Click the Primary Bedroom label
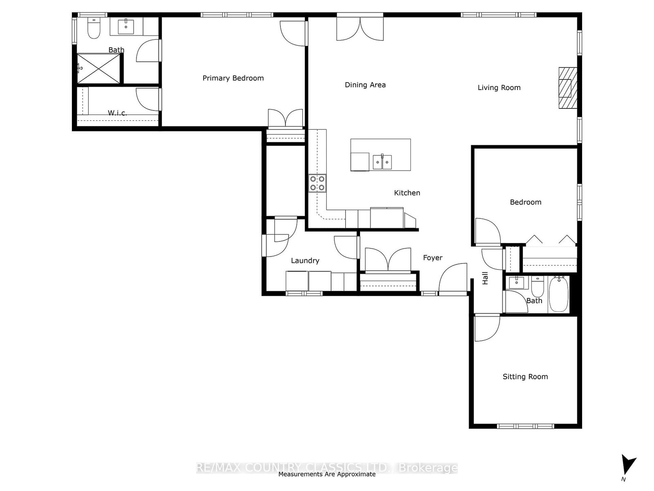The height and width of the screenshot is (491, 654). [x=233, y=79]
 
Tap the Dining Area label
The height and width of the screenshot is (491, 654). [x=365, y=85]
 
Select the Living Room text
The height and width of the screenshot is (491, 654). [x=499, y=88]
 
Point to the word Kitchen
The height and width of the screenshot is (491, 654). [x=407, y=193]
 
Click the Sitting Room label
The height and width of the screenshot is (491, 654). [x=525, y=377]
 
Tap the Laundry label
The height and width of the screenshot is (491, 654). [x=305, y=261]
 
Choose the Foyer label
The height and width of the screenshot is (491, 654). [x=432, y=258]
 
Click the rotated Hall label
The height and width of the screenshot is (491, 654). [x=485, y=278]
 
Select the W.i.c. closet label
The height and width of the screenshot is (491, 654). [x=117, y=113]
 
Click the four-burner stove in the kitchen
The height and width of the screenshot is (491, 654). [x=317, y=183]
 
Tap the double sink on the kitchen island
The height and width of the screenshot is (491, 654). [x=382, y=162]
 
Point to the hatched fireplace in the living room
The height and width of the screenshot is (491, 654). [x=568, y=88]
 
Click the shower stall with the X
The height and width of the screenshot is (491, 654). [x=99, y=69]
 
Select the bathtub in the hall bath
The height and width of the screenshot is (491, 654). [x=559, y=294]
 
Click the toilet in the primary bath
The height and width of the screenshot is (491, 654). [x=94, y=28]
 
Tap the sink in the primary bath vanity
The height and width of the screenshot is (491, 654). [x=126, y=26]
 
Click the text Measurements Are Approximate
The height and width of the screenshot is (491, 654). [x=327, y=474]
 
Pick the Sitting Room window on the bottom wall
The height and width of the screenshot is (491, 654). [x=525, y=426]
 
